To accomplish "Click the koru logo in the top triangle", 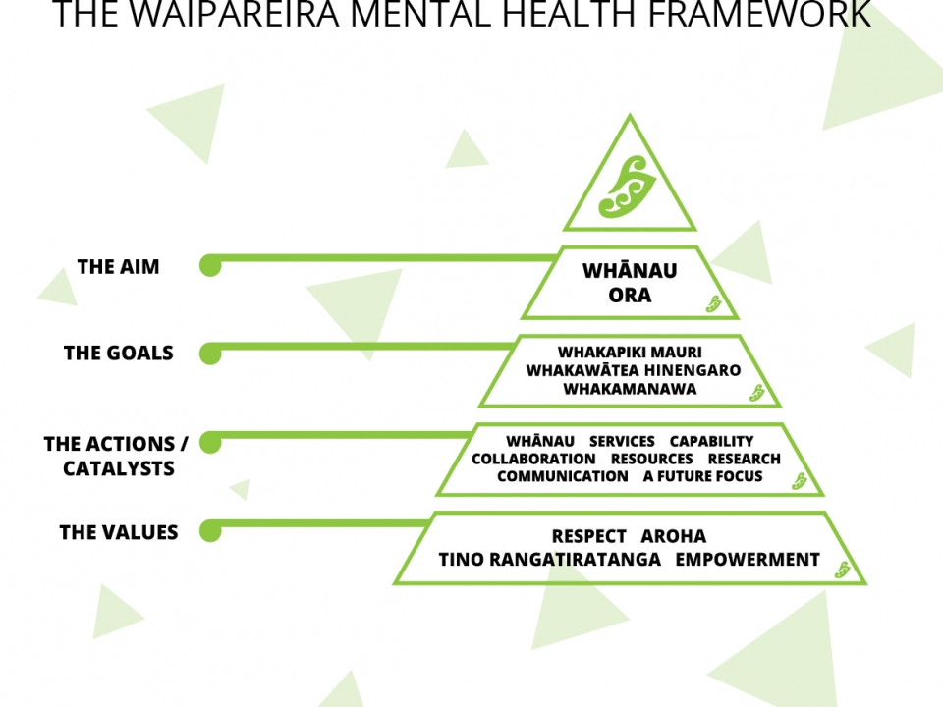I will coord(629,183).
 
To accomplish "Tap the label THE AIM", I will coord(118,267).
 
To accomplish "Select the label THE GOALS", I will coord(118,353).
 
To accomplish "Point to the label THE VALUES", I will coord(119,532).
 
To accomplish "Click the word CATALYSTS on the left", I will coord(119,468).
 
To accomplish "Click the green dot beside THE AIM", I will coord(210,265).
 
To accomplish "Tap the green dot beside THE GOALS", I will coord(210,353).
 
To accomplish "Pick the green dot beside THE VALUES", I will coord(210,531).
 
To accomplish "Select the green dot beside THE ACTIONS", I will coord(210,443).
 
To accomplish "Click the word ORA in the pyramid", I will coord(630,295).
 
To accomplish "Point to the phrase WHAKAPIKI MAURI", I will coord(630,352).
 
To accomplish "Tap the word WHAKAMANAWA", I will coord(630,389).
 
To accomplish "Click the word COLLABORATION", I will coord(533,459).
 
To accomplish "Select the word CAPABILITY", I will coord(711,441).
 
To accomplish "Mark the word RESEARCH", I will coord(745,459).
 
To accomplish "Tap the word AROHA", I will coord(673,536).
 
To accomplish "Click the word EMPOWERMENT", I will coord(748,560).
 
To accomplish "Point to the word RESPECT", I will coord(588,536).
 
